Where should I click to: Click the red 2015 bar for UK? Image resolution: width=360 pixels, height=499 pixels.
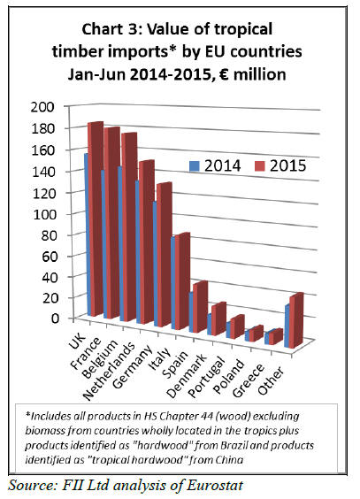(96, 219)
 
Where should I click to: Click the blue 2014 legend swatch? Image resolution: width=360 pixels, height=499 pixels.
(195, 166)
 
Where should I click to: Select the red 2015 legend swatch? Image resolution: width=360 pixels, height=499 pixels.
(260, 166)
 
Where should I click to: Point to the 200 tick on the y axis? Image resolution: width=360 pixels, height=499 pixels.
(43, 107)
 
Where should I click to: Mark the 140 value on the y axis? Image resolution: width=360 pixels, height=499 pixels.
(44, 172)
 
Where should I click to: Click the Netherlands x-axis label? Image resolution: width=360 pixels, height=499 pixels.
(109, 372)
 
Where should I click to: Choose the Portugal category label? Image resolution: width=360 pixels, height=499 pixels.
(207, 377)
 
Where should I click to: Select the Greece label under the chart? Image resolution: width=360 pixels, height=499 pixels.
(248, 380)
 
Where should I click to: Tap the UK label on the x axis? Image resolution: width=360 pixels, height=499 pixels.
(77, 341)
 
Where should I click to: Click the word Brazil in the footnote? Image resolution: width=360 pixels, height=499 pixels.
(234, 445)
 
